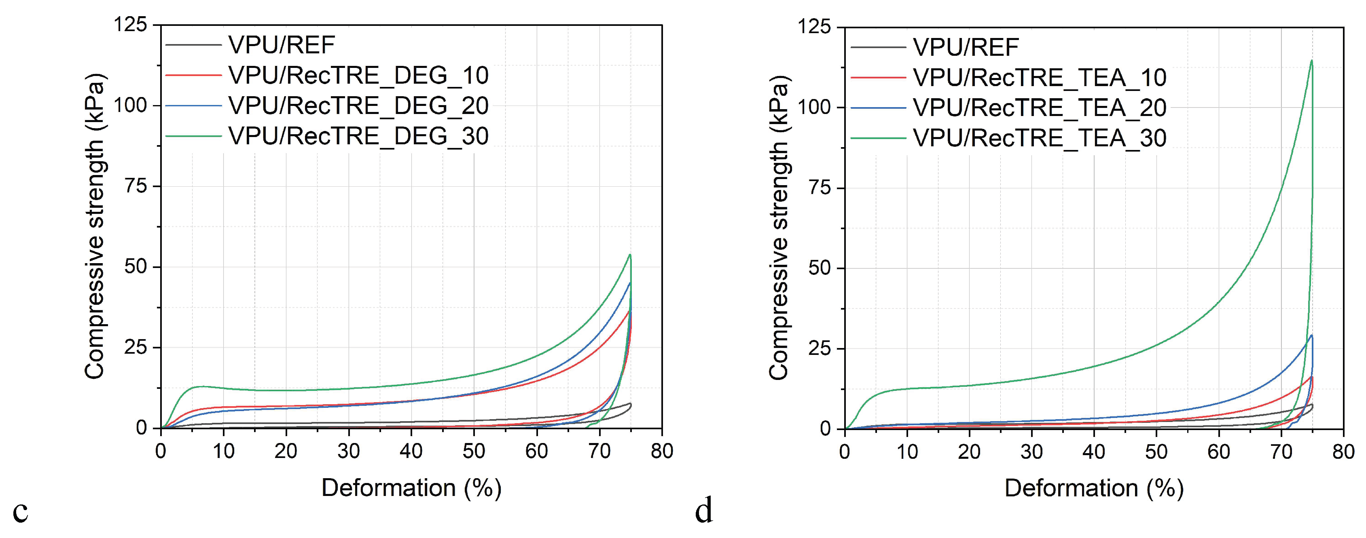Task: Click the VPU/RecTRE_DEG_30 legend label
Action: tap(358, 136)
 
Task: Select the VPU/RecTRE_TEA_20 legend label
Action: tap(1039, 108)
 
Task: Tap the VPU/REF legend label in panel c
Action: tap(282, 45)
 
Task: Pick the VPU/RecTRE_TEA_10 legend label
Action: tap(1039, 78)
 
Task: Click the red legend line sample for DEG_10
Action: tap(193, 75)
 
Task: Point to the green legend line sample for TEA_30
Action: tap(878, 138)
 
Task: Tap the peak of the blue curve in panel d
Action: tap(1311, 335)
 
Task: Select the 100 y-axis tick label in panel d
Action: tap(815, 107)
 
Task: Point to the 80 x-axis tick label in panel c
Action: tap(662, 451)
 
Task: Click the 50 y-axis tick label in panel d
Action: tap(820, 268)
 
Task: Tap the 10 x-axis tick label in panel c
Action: tap(223, 451)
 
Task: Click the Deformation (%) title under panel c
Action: tap(411, 487)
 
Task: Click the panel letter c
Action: tap(20, 511)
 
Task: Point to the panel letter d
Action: tap(704, 511)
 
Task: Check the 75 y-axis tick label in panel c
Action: tap(136, 186)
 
